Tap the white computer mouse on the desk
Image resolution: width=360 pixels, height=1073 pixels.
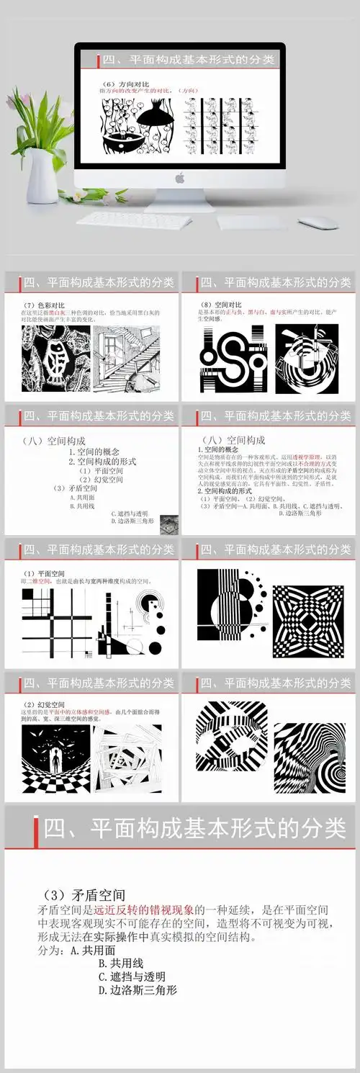click(x=318, y=223)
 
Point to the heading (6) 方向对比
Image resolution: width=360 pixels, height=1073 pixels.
click(x=122, y=82)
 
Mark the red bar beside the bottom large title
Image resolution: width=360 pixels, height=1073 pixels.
click(x=36, y=828)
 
